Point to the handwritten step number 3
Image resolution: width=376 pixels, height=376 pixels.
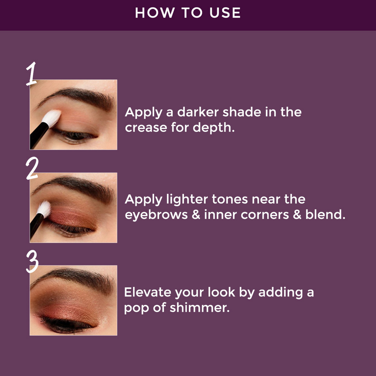[x=32, y=262]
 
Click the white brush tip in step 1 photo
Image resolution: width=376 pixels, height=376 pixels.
[x=51, y=117]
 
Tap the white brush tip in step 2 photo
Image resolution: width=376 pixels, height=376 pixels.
[x=44, y=209]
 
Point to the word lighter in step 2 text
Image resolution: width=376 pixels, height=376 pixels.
[x=185, y=200]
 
